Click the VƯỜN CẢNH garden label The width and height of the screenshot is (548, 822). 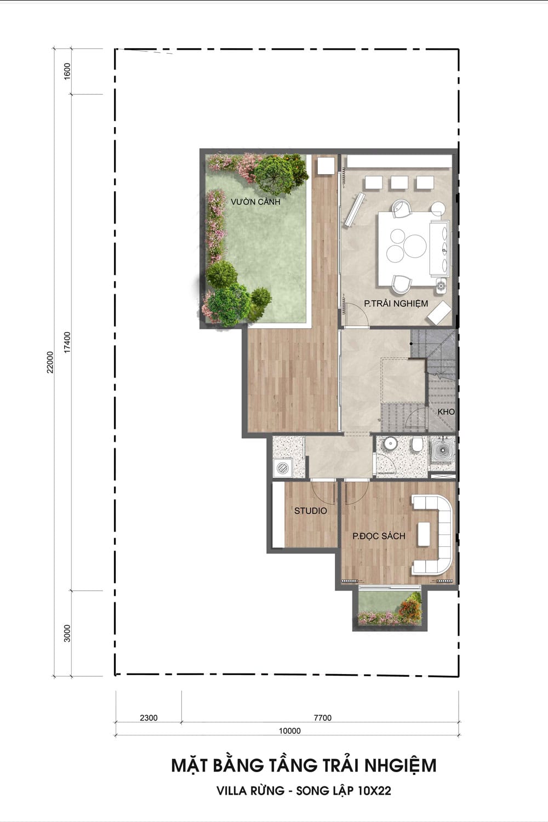coord(255,202)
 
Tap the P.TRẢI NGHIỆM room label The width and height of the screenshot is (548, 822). coord(396,304)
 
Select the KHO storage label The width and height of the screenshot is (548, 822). coord(446,412)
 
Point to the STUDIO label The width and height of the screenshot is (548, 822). coord(311,510)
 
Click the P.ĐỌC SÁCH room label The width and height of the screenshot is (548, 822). coord(379,536)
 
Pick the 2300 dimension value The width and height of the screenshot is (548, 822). coord(149,718)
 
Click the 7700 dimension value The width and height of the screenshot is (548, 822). coord(323,718)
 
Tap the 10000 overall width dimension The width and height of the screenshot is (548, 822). coord(289,730)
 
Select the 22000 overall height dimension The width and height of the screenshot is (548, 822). coord(50,362)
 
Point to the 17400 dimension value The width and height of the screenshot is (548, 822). coord(67,342)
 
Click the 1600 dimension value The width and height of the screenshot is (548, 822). coord(67,71)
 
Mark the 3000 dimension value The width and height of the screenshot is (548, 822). coord(67,633)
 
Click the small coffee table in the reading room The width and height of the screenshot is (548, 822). coord(424,534)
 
